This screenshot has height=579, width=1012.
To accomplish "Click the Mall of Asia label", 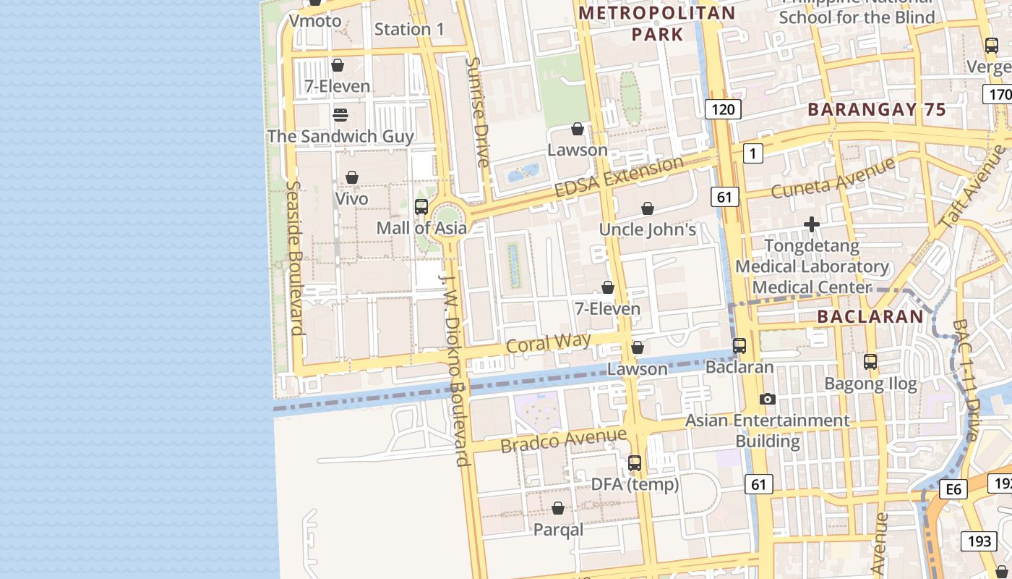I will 421,228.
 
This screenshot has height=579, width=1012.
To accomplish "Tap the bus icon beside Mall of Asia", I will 421,207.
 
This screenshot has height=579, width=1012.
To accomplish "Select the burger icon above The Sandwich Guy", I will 340,115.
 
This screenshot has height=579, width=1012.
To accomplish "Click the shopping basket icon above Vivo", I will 352,177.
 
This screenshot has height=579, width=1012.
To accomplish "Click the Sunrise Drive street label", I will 478,112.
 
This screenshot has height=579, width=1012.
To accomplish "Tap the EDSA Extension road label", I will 619,177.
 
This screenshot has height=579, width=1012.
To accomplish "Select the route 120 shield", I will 722,109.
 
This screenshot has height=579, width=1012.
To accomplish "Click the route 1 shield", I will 753,153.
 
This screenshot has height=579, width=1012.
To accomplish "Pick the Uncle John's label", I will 648,229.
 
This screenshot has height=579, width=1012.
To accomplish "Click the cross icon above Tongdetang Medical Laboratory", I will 812,224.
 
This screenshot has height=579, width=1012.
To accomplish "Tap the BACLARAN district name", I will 870,316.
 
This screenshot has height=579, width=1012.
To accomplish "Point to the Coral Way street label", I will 549,342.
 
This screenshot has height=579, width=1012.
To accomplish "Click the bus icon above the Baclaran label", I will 739,346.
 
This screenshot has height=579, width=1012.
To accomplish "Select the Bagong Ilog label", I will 870,384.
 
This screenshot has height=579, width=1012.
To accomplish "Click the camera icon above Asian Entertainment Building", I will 768,399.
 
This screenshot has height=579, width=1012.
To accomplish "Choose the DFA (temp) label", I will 635,484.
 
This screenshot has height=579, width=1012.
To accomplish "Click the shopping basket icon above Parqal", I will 558,509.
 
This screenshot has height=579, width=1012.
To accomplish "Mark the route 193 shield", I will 979,541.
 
